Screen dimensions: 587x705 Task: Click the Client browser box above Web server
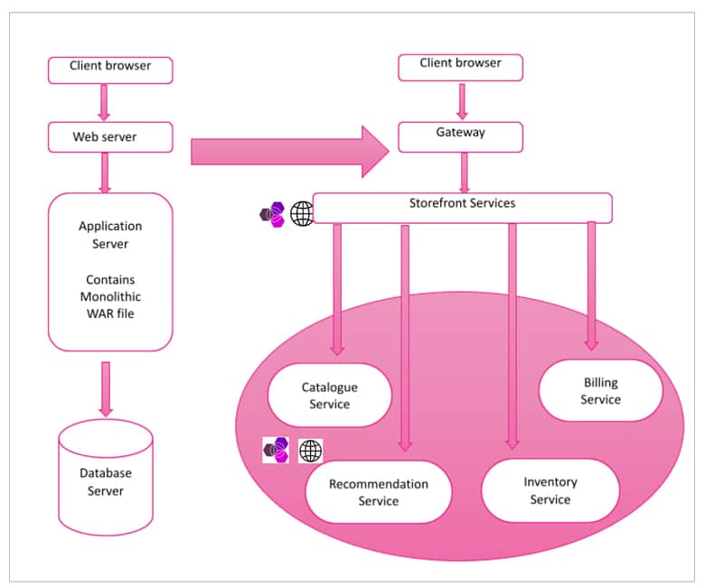[x=110, y=70]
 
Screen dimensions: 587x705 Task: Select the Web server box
[x=110, y=137]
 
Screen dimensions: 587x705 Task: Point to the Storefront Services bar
[x=462, y=207]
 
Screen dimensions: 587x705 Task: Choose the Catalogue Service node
[x=329, y=396]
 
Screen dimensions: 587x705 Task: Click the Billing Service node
[x=600, y=390]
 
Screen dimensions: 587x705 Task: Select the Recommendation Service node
[x=378, y=492]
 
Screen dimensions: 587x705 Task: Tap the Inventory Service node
[x=550, y=490]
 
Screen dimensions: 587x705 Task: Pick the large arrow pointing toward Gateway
[x=289, y=151]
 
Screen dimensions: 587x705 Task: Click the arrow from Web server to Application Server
[x=105, y=172]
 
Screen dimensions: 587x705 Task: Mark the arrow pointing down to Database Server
[x=106, y=389]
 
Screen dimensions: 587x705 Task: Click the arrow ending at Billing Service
[x=591, y=285]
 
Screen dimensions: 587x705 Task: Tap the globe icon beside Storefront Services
[x=303, y=214]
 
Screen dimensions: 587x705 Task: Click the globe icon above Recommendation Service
[x=310, y=450]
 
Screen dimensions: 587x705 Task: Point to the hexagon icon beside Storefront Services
[x=273, y=214]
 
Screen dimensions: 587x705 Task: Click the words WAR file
[x=110, y=312]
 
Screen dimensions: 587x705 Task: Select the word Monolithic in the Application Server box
[x=110, y=296]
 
